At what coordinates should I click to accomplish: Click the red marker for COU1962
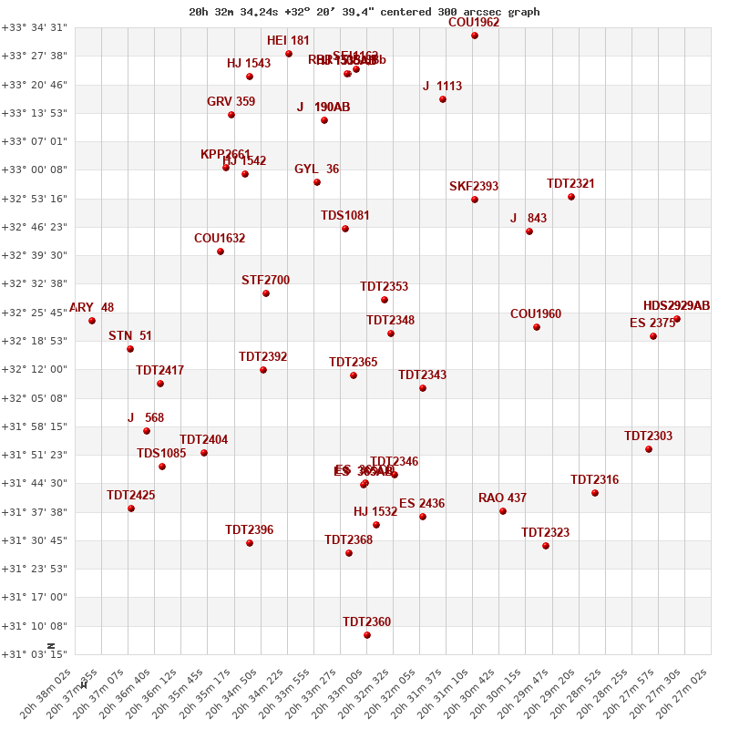(x=475, y=36)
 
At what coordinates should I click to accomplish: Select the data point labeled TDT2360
(x=367, y=635)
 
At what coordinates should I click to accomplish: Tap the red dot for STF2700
(x=266, y=293)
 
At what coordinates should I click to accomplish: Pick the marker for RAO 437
(x=503, y=511)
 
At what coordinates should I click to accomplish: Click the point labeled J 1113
(x=443, y=99)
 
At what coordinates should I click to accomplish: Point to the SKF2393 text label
(x=474, y=187)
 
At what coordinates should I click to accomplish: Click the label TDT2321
(x=570, y=184)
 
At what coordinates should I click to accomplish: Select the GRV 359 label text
(x=231, y=102)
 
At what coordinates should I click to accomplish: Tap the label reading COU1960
(x=536, y=314)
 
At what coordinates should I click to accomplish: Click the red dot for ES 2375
(x=653, y=336)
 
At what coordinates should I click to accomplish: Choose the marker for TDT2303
(x=649, y=449)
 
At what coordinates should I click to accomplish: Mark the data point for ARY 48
(x=92, y=321)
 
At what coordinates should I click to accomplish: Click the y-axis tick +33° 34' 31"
(x=35, y=27)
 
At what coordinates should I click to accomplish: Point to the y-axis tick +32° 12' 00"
(x=35, y=369)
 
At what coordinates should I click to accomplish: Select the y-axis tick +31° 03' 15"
(x=35, y=653)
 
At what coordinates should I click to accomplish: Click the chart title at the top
(x=364, y=12)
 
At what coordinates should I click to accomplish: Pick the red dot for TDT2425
(x=131, y=508)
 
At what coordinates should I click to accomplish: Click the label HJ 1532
(x=375, y=512)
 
